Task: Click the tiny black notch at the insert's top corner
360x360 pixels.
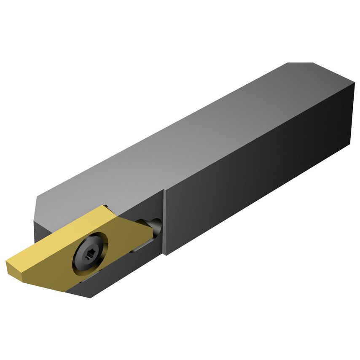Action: click(x=105, y=206)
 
